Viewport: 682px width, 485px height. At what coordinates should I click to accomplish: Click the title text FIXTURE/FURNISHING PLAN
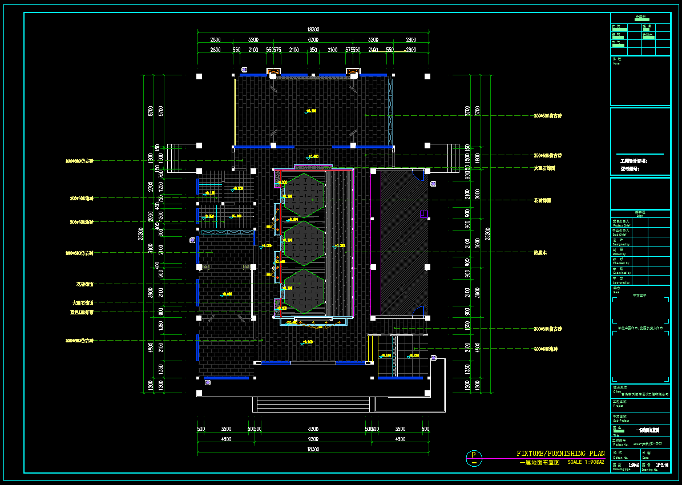click(560, 454)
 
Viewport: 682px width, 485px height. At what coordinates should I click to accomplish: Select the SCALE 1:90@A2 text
click(586, 462)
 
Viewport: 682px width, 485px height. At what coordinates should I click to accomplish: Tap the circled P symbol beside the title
click(473, 456)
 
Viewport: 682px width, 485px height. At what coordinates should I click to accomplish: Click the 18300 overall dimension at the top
click(313, 30)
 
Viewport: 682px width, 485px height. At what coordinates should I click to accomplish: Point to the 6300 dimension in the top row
click(313, 40)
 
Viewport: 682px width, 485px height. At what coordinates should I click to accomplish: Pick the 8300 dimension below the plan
click(313, 429)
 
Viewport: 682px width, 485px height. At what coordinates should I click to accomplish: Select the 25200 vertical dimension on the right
click(487, 234)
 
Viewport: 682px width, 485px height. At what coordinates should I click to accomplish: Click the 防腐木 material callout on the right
click(540, 252)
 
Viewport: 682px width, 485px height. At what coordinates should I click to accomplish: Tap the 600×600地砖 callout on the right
click(546, 349)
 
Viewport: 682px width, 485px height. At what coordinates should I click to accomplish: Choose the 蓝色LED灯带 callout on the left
click(82, 313)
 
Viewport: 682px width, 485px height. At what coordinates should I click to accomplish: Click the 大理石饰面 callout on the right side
click(544, 168)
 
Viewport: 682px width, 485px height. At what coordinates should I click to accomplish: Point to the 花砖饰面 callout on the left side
click(84, 284)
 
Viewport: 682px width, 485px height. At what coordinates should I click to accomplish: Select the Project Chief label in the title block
click(622, 225)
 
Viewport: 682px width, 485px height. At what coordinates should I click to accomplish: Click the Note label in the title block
click(616, 63)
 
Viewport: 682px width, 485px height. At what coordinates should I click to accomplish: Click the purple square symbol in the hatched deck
click(423, 214)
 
